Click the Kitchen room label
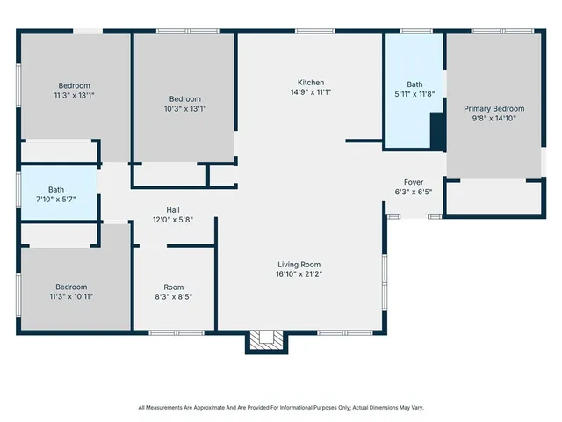pos(310,82)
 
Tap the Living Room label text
pos(299,265)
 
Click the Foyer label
pos(414,182)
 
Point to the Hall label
pos(173,210)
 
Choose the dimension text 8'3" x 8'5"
pos(173,297)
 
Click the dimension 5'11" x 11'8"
pos(414,94)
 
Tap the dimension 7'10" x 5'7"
pos(56,199)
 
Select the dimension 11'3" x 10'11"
pos(71,297)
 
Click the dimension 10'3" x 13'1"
pos(185,109)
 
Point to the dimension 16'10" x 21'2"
pos(299,274)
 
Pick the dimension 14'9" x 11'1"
pos(310,91)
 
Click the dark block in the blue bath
pos(436,133)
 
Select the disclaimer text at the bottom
pos(281,408)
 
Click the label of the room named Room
pos(173,287)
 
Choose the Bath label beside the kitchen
pos(414,84)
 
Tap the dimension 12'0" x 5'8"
pos(173,220)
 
